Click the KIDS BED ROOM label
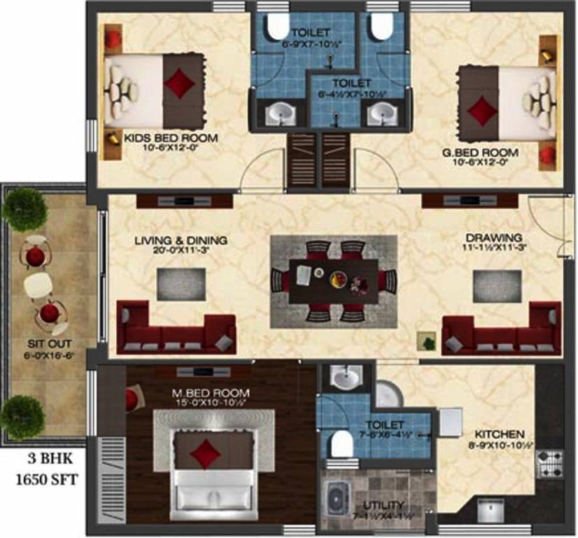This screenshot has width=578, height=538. pyautogui.click(x=171, y=137)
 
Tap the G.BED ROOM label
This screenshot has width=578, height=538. pyautogui.click(x=489, y=152)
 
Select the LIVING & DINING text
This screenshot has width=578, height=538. pyautogui.click(x=181, y=241)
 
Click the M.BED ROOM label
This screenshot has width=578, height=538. pyautogui.click(x=202, y=394)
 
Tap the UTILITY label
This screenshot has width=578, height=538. pyautogui.click(x=383, y=505)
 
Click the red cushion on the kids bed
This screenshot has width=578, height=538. pyautogui.click(x=180, y=83)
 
